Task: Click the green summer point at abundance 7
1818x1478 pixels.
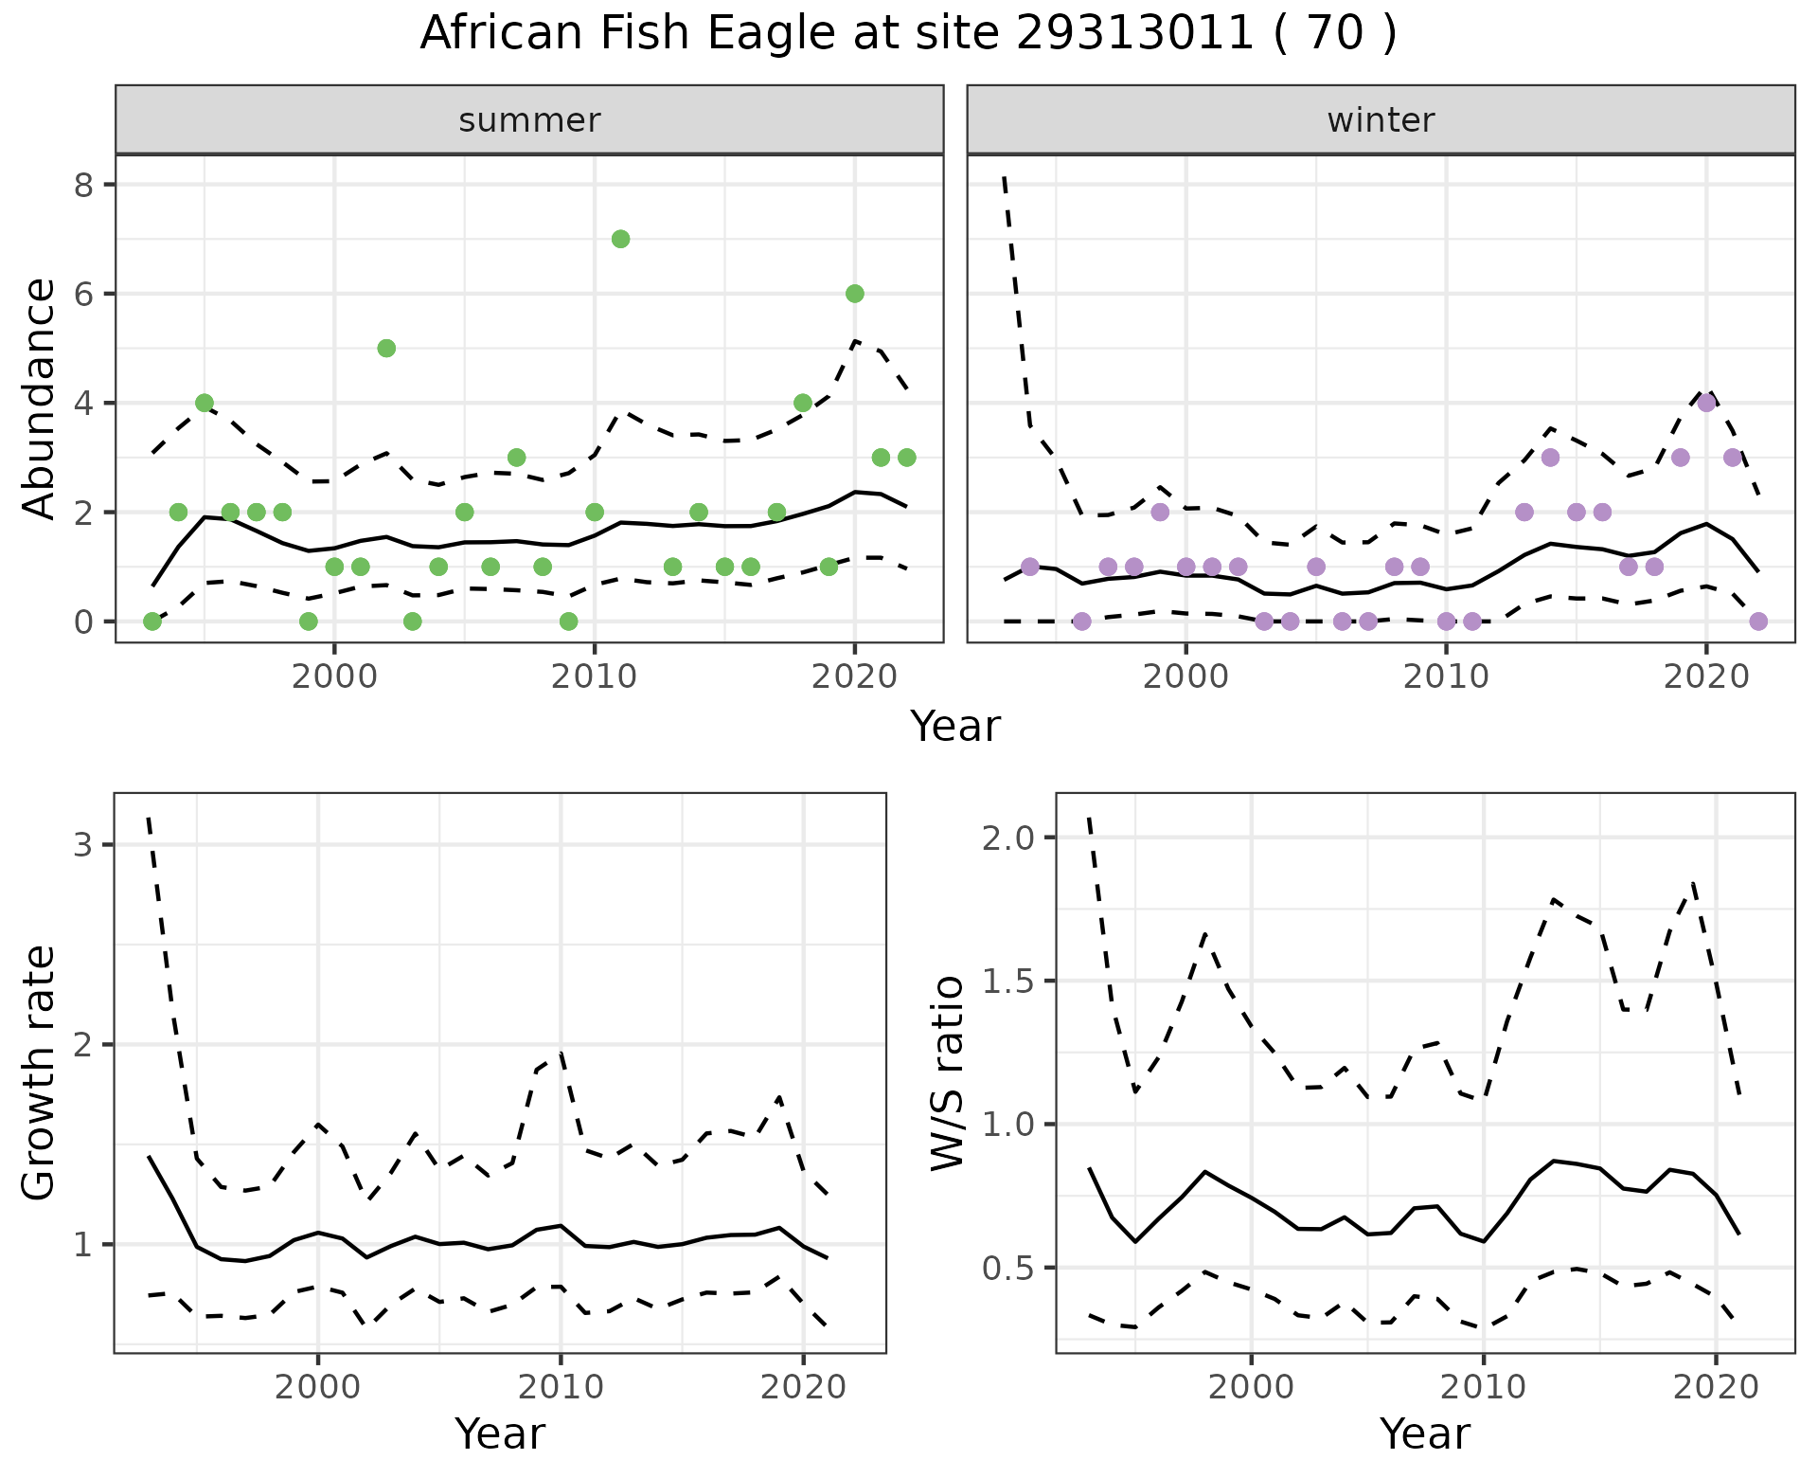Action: coord(620,239)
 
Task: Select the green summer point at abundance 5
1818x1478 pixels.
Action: coord(386,348)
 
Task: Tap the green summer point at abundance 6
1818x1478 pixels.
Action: coord(854,294)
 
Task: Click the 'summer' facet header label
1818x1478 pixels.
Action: coord(529,120)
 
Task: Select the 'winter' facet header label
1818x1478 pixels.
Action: coord(1381,120)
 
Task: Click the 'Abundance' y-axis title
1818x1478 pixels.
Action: coord(40,398)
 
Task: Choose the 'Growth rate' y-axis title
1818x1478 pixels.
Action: coord(40,1072)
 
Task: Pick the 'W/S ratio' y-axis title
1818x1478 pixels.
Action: coord(947,1072)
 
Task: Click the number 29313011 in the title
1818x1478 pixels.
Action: coord(1134,34)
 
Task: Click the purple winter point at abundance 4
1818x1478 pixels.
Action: coord(1706,403)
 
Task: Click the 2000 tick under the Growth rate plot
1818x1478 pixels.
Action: coord(318,1388)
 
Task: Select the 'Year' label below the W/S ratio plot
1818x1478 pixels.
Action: coord(1424,1433)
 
